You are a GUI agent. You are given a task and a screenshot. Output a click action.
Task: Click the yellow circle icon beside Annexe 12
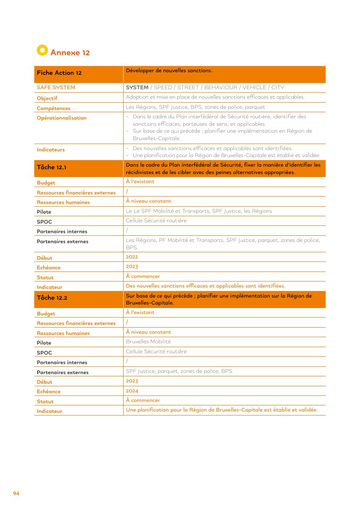point(42,50)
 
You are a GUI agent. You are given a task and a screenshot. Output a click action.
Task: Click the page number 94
point(16,493)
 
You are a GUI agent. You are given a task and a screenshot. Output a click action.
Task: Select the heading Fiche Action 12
point(59,73)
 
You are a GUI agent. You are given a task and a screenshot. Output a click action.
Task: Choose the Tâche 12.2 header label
point(52,298)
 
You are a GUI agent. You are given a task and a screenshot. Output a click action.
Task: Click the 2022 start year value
point(132,257)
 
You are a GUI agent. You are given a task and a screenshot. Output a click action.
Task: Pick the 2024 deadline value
point(132,391)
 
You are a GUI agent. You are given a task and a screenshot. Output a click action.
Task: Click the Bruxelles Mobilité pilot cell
point(148,342)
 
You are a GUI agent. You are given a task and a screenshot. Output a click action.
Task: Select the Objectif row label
point(47,98)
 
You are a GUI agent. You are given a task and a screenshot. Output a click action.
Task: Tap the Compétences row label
point(54,108)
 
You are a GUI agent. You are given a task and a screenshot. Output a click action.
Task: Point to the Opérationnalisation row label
point(62,118)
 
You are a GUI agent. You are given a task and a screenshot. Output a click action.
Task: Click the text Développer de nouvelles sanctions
point(169,70)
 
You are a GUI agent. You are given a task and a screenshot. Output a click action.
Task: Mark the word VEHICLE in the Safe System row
point(254,87)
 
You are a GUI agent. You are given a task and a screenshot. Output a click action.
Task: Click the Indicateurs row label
point(50,150)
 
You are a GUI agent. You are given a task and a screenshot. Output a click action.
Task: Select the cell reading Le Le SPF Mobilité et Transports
point(199,211)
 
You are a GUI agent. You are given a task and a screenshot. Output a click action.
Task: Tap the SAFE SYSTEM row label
point(56,87)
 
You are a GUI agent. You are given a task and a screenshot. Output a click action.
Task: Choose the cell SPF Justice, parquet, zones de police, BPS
point(179,371)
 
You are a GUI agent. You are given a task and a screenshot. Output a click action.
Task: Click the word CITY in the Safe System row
point(278,87)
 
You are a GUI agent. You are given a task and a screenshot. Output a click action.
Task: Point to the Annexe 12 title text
point(70,53)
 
